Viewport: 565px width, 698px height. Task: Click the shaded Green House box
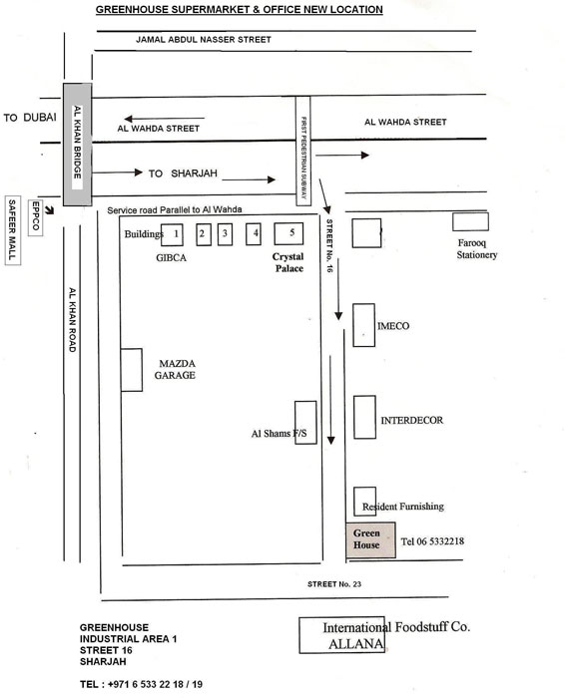click(370, 539)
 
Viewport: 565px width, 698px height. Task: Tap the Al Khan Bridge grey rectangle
click(77, 145)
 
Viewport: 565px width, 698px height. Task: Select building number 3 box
click(225, 234)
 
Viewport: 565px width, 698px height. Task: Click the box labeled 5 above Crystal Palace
click(288, 233)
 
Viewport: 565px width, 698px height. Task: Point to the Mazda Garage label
click(175, 370)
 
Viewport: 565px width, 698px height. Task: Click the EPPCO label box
click(36, 217)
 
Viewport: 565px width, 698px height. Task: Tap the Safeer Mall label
click(12, 230)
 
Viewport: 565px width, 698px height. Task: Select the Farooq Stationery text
click(477, 249)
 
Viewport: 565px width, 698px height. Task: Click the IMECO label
click(393, 326)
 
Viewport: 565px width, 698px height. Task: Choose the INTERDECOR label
click(411, 420)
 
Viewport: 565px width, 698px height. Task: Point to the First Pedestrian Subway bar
click(303, 151)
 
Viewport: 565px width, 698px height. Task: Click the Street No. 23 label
click(334, 584)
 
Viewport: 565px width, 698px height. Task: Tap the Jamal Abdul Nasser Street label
click(204, 40)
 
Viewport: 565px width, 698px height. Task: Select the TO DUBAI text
click(30, 118)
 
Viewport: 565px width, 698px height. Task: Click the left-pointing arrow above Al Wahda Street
click(164, 119)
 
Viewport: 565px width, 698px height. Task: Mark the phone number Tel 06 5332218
click(432, 541)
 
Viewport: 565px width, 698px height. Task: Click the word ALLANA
click(355, 644)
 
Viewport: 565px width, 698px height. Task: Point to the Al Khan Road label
click(72, 320)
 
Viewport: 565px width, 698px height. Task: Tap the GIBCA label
click(171, 257)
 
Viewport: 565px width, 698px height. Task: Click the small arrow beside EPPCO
click(50, 209)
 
